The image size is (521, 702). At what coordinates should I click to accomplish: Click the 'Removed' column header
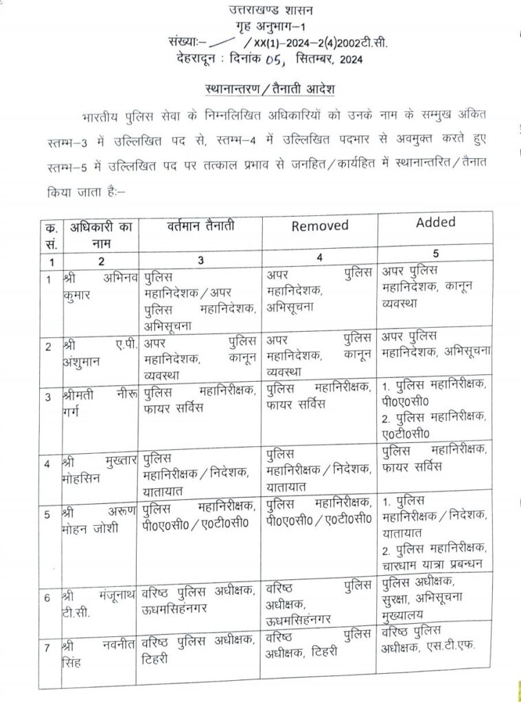pos(320,226)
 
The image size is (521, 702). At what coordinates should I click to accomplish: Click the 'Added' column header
pos(435,222)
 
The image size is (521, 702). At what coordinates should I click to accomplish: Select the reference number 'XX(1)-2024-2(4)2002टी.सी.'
pos(321,43)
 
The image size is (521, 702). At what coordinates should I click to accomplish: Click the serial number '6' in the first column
pos(48,597)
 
